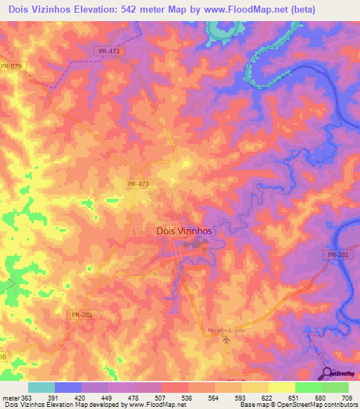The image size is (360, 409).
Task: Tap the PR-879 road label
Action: (x=11, y=66)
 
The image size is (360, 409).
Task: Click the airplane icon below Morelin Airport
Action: (x=226, y=339)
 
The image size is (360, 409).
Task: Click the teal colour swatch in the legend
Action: (x=41, y=387)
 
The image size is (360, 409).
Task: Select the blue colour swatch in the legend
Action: (x=68, y=387)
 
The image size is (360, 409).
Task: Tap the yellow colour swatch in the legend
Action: (x=281, y=387)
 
